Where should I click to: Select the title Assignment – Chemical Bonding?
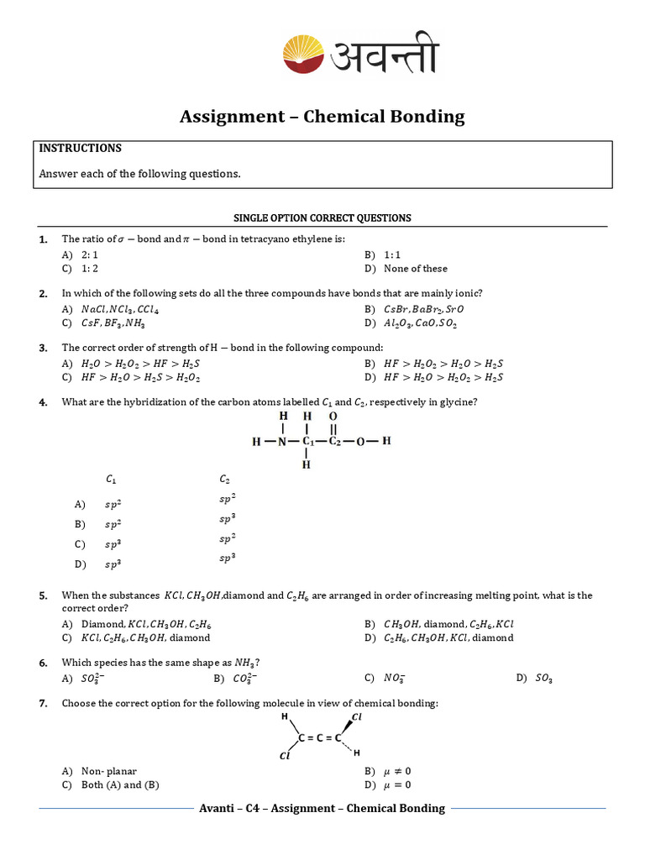[322, 117]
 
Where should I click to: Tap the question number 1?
[43, 239]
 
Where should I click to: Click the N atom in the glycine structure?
[283, 441]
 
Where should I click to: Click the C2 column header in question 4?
[225, 480]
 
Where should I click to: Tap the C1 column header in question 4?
[111, 480]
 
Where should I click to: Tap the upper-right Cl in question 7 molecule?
[356, 717]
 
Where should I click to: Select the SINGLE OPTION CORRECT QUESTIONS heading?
[322, 218]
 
